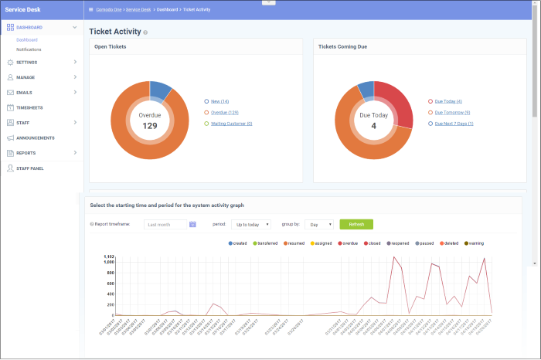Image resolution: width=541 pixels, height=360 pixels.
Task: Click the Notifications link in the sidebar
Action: (x=29, y=49)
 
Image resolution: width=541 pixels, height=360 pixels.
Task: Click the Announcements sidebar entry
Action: (x=35, y=138)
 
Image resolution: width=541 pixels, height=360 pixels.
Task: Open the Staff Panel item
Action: (x=29, y=168)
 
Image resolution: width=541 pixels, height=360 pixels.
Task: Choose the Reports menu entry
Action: (x=26, y=153)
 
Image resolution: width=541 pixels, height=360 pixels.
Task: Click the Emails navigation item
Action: (x=24, y=93)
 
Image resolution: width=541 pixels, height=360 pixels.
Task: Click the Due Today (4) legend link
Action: (x=447, y=101)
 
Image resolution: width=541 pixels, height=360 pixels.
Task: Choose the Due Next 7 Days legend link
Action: (x=454, y=124)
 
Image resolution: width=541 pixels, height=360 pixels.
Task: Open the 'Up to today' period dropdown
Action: (x=251, y=224)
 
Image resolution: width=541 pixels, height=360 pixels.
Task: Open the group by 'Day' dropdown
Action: (x=318, y=224)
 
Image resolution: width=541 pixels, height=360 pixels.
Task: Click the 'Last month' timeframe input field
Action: (x=166, y=224)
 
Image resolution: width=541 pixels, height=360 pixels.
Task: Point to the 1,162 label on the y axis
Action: (x=108, y=256)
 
